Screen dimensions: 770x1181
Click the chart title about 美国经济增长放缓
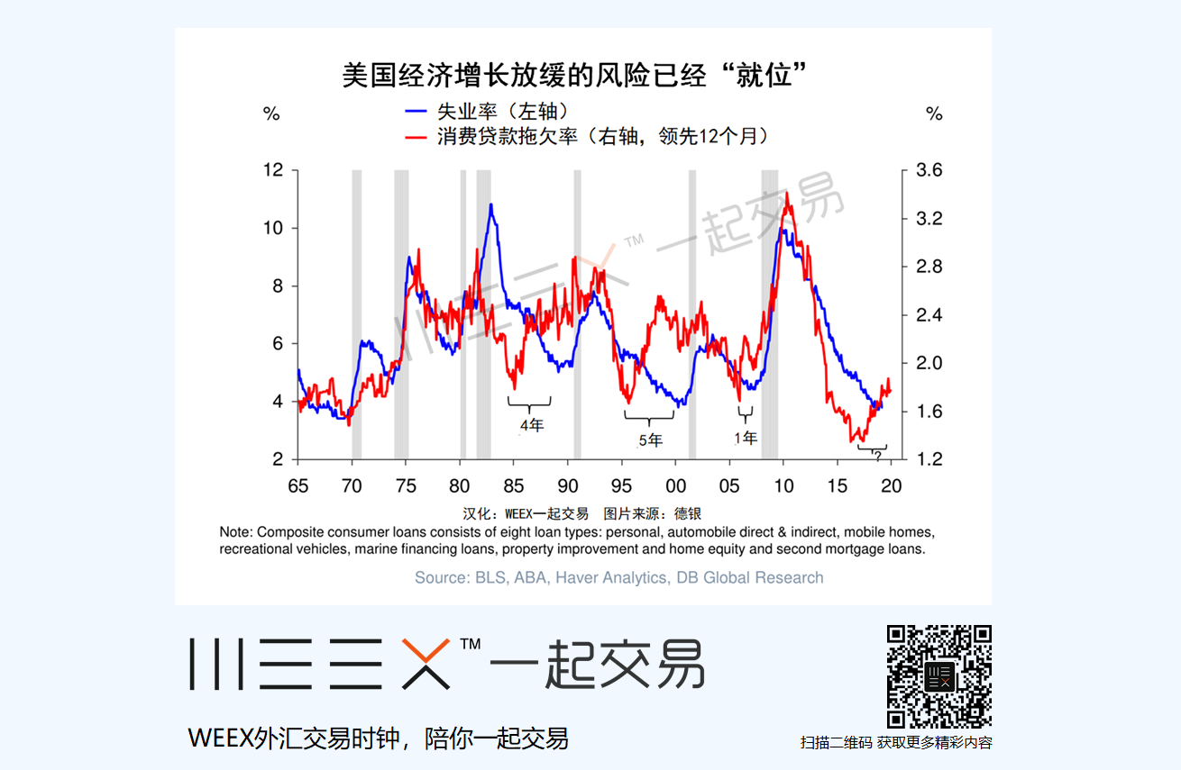tap(572, 75)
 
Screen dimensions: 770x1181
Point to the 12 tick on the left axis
tap(271, 170)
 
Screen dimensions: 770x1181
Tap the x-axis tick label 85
tap(514, 486)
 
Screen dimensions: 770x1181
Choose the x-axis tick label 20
tap(891, 486)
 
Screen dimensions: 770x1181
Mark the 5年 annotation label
tap(650, 440)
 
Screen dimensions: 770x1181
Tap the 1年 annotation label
tap(745, 438)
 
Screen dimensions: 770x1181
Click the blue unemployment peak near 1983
tap(490, 206)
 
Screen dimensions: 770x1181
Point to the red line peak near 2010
tap(787, 194)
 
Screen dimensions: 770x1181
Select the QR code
tap(939, 677)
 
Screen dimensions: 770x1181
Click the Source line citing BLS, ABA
tap(618, 577)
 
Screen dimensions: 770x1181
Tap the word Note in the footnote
tap(236, 532)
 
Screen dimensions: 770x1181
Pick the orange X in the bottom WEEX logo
tap(426, 664)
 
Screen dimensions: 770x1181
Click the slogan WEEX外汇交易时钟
tap(379, 738)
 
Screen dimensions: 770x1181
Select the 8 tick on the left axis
tap(277, 285)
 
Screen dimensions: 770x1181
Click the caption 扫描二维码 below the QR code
tap(836, 743)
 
